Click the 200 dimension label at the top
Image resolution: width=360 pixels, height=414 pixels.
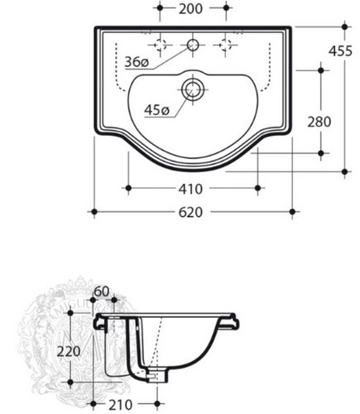point(190,9)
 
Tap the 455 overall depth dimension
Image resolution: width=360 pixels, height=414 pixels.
point(341,51)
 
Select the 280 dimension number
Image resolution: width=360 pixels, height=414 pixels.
point(319,122)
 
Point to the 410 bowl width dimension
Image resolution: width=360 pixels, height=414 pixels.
point(190,190)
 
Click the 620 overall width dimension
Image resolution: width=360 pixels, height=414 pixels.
point(190,213)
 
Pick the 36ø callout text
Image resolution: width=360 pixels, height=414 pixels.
point(137,62)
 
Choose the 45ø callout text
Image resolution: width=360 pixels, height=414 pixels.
point(156,110)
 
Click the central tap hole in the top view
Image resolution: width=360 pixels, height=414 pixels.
point(193,45)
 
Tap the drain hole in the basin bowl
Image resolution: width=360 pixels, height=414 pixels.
point(193,89)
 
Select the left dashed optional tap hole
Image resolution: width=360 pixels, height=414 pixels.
point(160,45)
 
